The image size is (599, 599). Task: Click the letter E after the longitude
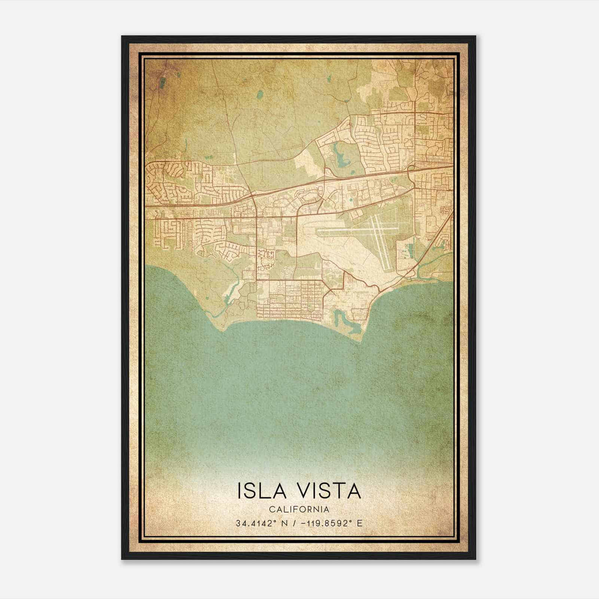tap(360, 523)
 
